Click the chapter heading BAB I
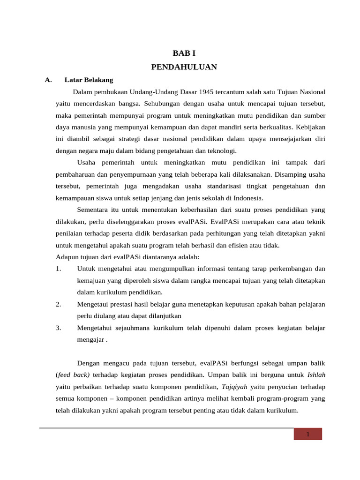184,54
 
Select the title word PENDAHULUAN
184,67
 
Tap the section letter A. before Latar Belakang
48,80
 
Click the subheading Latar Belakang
89,80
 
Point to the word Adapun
67,257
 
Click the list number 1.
58,269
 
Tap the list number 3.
58,328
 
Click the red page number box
307,434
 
